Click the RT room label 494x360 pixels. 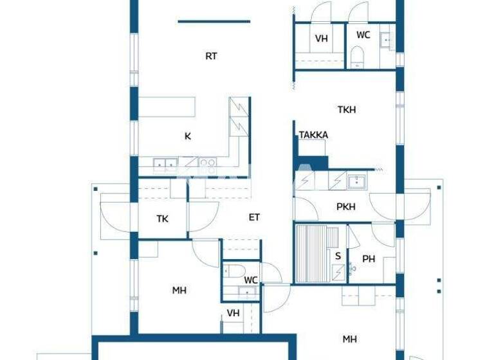pyautogui.click(x=211, y=56)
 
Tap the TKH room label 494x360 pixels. pyautogui.click(x=346, y=110)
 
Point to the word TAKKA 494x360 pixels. pyautogui.click(x=313, y=135)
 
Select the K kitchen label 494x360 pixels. pyautogui.click(x=188, y=136)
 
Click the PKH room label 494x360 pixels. pyautogui.click(x=346, y=207)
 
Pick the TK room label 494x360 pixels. pyautogui.click(x=163, y=219)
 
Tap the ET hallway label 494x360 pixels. pyautogui.click(x=255, y=217)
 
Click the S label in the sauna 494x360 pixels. pyautogui.click(x=338, y=256)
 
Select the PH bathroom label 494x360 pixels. pyautogui.click(x=369, y=259)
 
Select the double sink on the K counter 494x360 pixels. pyautogui.click(x=165, y=164)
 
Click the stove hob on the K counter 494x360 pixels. pyautogui.click(x=206, y=163)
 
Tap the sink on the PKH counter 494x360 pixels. pyautogui.click(x=356, y=182)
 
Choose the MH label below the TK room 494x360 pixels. pyautogui.click(x=179, y=291)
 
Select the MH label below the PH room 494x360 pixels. pyautogui.click(x=349, y=339)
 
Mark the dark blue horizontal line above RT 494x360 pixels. pyautogui.click(x=214, y=21)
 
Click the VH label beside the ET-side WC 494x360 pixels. pyautogui.click(x=233, y=313)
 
